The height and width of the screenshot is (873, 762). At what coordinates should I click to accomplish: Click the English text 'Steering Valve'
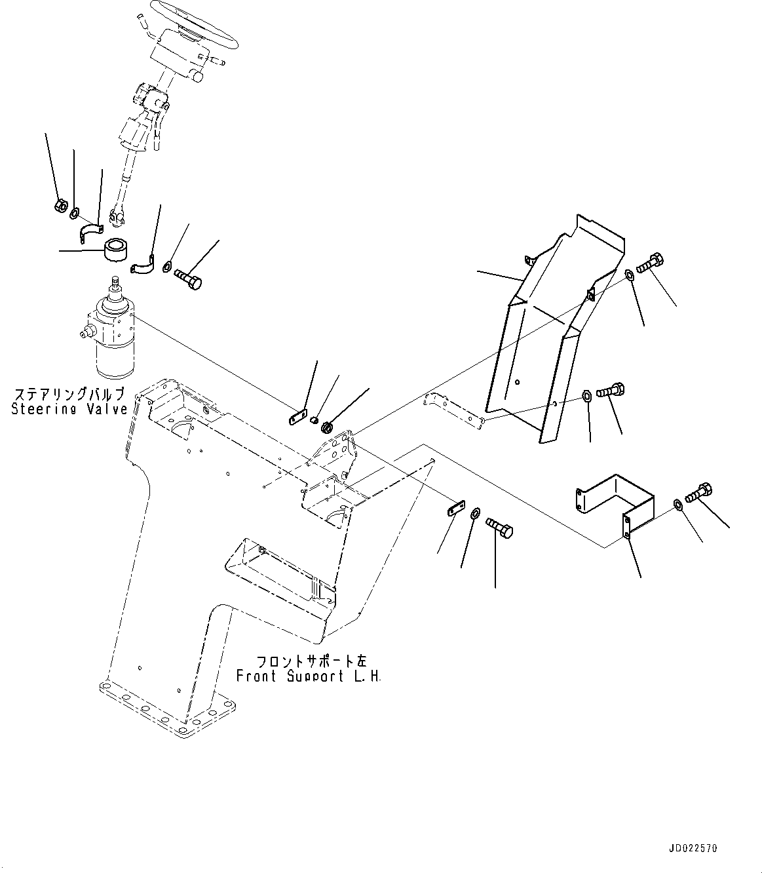coord(69,409)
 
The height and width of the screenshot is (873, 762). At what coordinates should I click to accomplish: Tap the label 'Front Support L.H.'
coord(308,676)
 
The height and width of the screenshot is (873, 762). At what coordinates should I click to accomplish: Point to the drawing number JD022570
coord(694,848)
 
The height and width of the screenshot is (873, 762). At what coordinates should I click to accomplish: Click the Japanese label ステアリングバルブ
coord(69,395)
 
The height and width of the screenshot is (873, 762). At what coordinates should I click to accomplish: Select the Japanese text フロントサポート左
coord(307,661)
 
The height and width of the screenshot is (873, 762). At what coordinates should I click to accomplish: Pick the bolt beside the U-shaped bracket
coord(698,492)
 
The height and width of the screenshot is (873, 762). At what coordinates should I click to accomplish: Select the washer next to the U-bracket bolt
coord(677,503)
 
